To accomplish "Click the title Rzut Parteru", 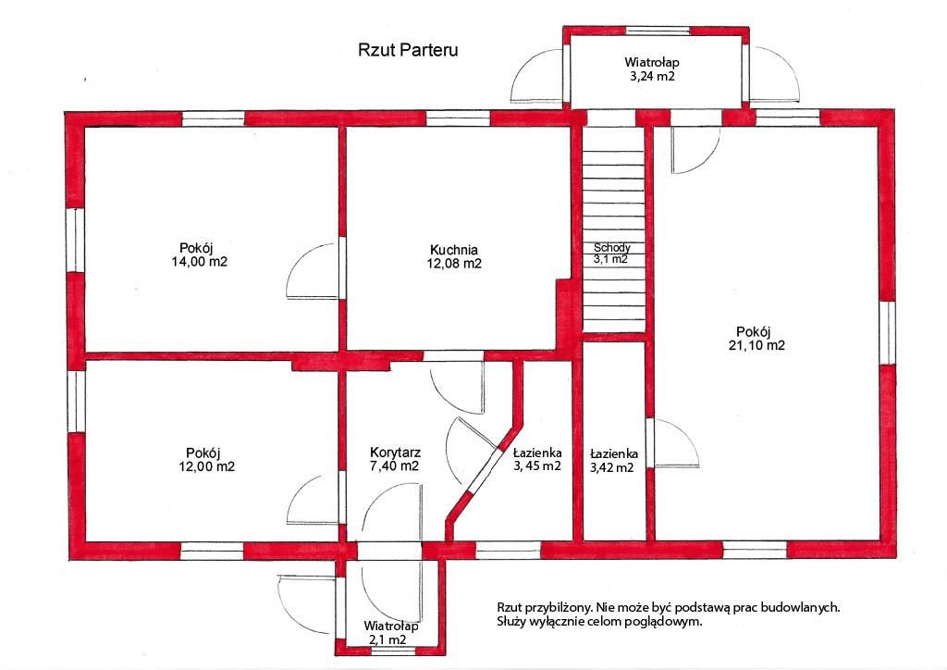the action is [x=408, y=50].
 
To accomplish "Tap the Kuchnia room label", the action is [x=453, y=250].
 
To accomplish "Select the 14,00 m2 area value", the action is [x=200, y=262].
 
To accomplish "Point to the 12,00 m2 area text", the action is [x=206, y=466].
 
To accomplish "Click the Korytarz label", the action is [x=395, y=453].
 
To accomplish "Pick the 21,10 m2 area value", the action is [x=756, y=345].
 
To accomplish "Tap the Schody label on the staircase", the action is [x=612, y=248].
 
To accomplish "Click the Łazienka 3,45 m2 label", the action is [x=537, y=459].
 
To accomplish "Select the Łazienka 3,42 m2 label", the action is [x=613, y=460].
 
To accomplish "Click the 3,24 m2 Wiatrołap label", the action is [x=652, y=68].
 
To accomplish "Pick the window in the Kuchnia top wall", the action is [x=458, y=118].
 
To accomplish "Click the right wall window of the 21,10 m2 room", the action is [x=887, y=333].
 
